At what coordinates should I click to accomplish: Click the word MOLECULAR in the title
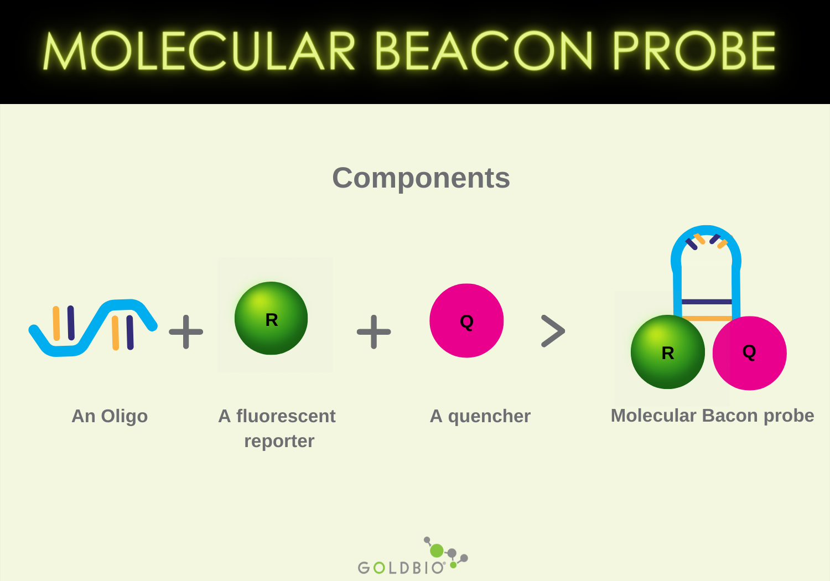coord(199,51)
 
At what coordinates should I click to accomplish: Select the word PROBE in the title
coord(694,51)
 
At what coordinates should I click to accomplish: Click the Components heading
coord(421,178)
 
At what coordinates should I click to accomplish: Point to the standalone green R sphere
coord(271,318)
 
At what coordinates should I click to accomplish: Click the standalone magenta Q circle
coord(466,320)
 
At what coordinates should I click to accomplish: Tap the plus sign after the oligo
coord(186,332)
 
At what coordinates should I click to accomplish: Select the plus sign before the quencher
coord(374,332)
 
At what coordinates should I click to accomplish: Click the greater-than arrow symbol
coord(553,331)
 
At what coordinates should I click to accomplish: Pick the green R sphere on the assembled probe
coord(667,352)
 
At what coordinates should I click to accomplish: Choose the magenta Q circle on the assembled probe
coord(749,352)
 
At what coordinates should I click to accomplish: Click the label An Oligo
coord(110,416)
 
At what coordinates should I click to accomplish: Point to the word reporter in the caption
coord(279,441)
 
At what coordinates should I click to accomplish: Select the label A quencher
coord(480,416)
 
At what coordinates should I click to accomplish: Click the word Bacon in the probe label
coord(727,416)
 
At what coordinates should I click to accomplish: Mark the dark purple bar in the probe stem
coord(707,302)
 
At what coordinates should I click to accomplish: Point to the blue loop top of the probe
coord(706,230)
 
